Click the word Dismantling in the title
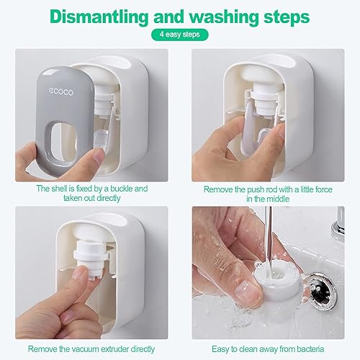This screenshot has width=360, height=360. coord(99,17)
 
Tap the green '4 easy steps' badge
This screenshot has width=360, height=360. coord(180,35)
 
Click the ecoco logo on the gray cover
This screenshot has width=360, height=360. coord(61,91)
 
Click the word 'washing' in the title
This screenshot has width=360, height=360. coord(225,17)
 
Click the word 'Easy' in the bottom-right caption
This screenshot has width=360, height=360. coord(220,349)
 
